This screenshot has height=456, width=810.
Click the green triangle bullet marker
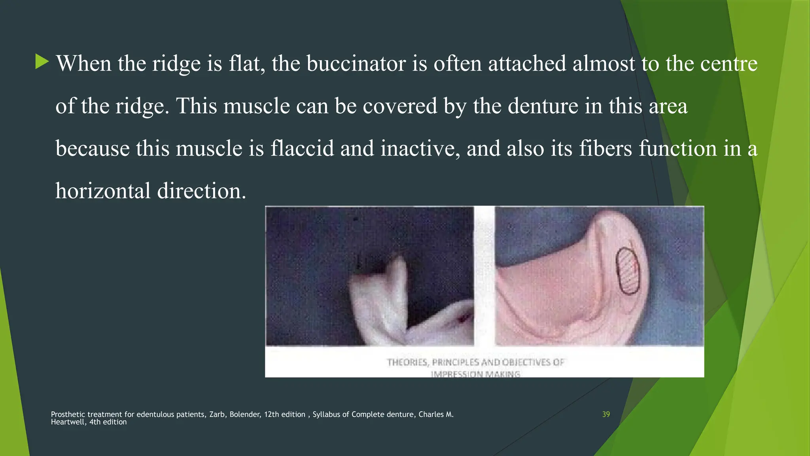pyautogui.click(x=42, y=62)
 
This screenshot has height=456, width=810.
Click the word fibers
pyautogui.click(x=606, y=148)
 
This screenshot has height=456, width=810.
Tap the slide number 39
pyautogui.click(x=606, y=414)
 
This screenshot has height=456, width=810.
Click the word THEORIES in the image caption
pyautogui.click(x=407, y=362)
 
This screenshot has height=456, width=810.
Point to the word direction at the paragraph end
pyautogui.click(x=201, y=191)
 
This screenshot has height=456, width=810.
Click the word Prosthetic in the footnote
pyautogui.click(x=68, y=414)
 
